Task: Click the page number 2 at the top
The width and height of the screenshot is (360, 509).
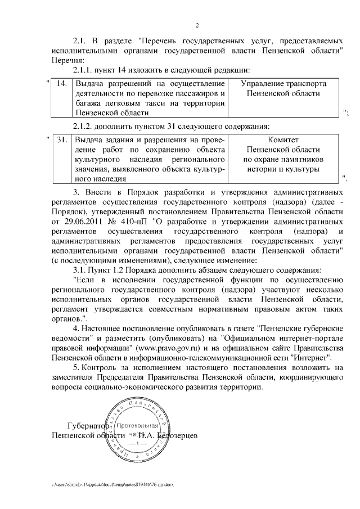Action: [197, 25]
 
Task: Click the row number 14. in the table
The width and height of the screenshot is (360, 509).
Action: [62, 83]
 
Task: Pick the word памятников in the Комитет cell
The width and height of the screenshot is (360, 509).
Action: [303, 159]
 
